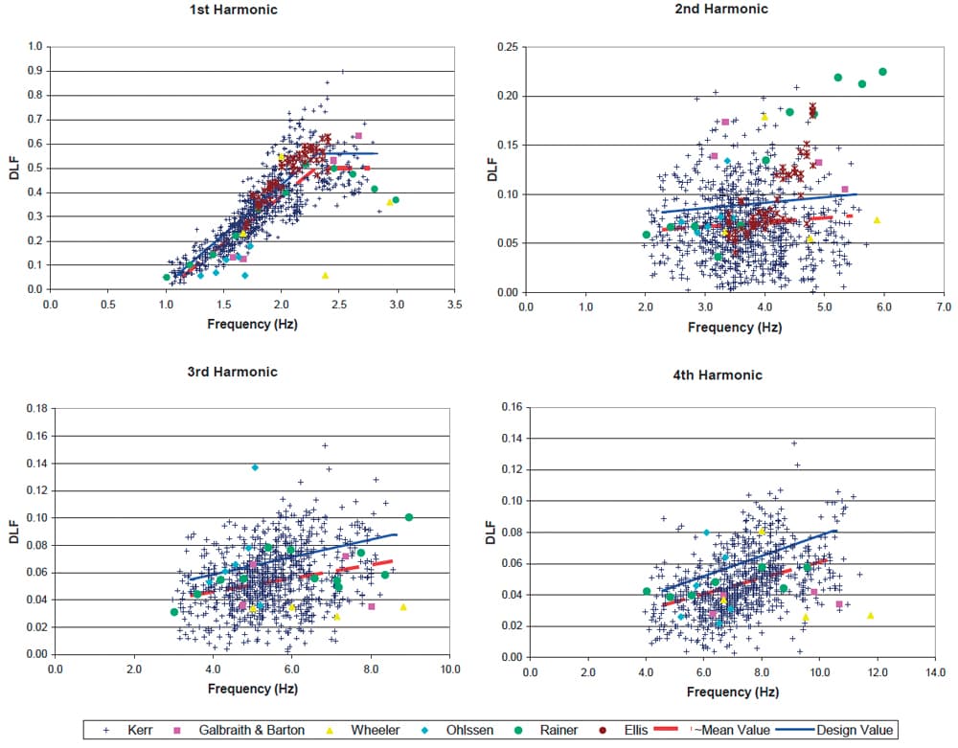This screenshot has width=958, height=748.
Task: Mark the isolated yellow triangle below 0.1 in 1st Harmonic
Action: pyautogui.click(x=325, y=275)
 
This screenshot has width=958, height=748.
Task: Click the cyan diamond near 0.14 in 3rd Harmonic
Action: pyautogui.click(x=255, y=467)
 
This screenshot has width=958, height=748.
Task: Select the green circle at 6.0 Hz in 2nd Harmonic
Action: pyautogui.click(x=882, y=72)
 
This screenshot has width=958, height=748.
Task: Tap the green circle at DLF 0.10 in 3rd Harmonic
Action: pyautogui.click(x=409, y=517)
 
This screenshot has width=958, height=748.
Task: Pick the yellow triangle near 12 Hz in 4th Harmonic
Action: pyautogui.click(x=871, y=615)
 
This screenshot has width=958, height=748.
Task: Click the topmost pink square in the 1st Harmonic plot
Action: pyautogui.click(x=358, y=136)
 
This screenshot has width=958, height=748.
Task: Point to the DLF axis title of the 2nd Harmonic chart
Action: pyautogui.click(x=492, y=170)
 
